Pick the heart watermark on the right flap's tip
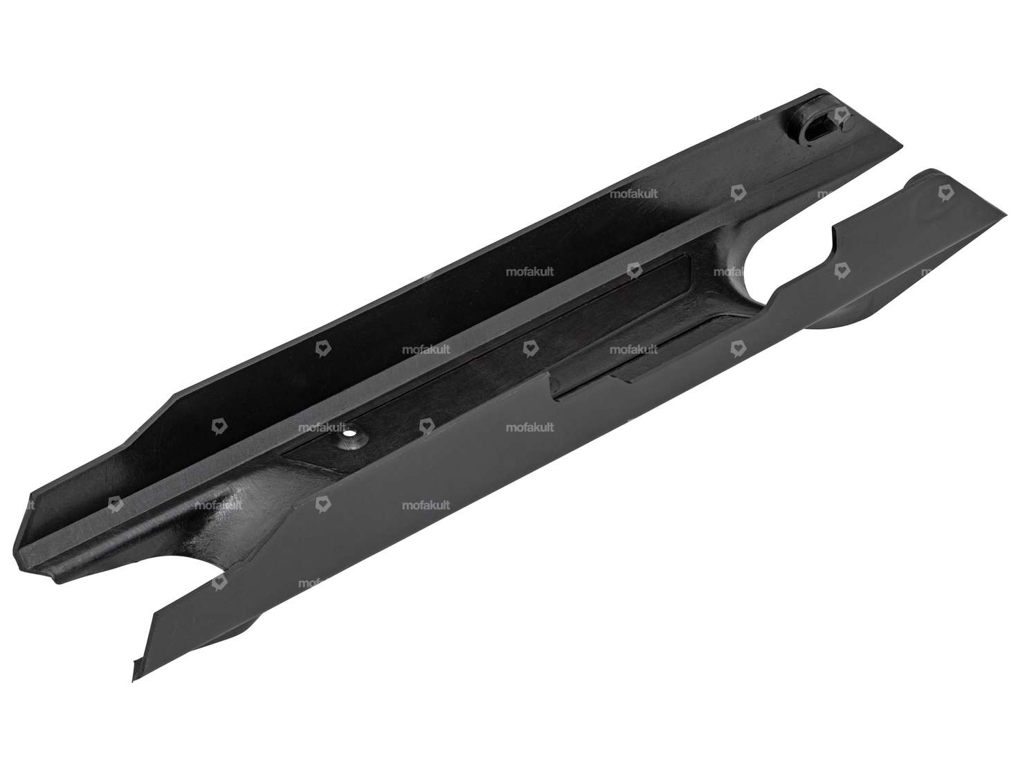(x=943, y=195)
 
